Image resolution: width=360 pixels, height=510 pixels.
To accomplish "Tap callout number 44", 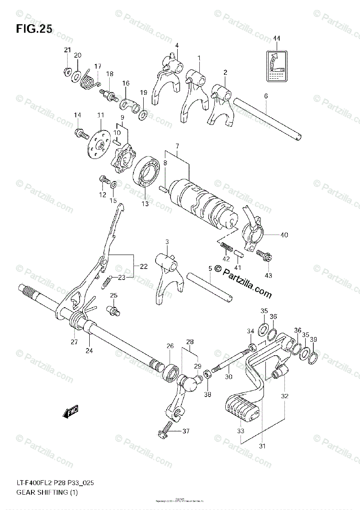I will [277, 38].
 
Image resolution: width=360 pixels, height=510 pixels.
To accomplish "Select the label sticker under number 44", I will [277, 65].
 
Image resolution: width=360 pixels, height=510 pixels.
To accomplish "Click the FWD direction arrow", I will [70, 411].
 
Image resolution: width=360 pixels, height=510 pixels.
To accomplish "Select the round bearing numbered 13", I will [147, 173].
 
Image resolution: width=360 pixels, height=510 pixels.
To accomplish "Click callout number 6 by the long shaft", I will [266, 96].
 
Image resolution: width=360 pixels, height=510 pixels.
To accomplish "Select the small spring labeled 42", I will [227, 246].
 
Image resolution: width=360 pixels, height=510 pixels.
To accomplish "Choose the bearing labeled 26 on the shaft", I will [170, 371].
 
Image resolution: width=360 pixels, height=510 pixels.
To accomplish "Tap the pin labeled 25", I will [114, 311].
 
